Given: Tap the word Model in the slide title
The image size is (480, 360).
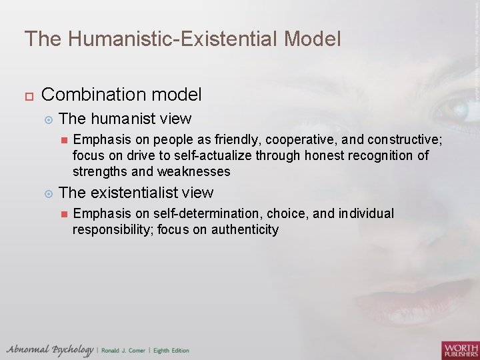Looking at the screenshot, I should point(313,39).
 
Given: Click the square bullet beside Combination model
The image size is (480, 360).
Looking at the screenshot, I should point(28,95).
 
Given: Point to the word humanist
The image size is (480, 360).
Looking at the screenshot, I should point(124,119).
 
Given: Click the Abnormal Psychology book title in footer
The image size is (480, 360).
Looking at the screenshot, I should point(50,350).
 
